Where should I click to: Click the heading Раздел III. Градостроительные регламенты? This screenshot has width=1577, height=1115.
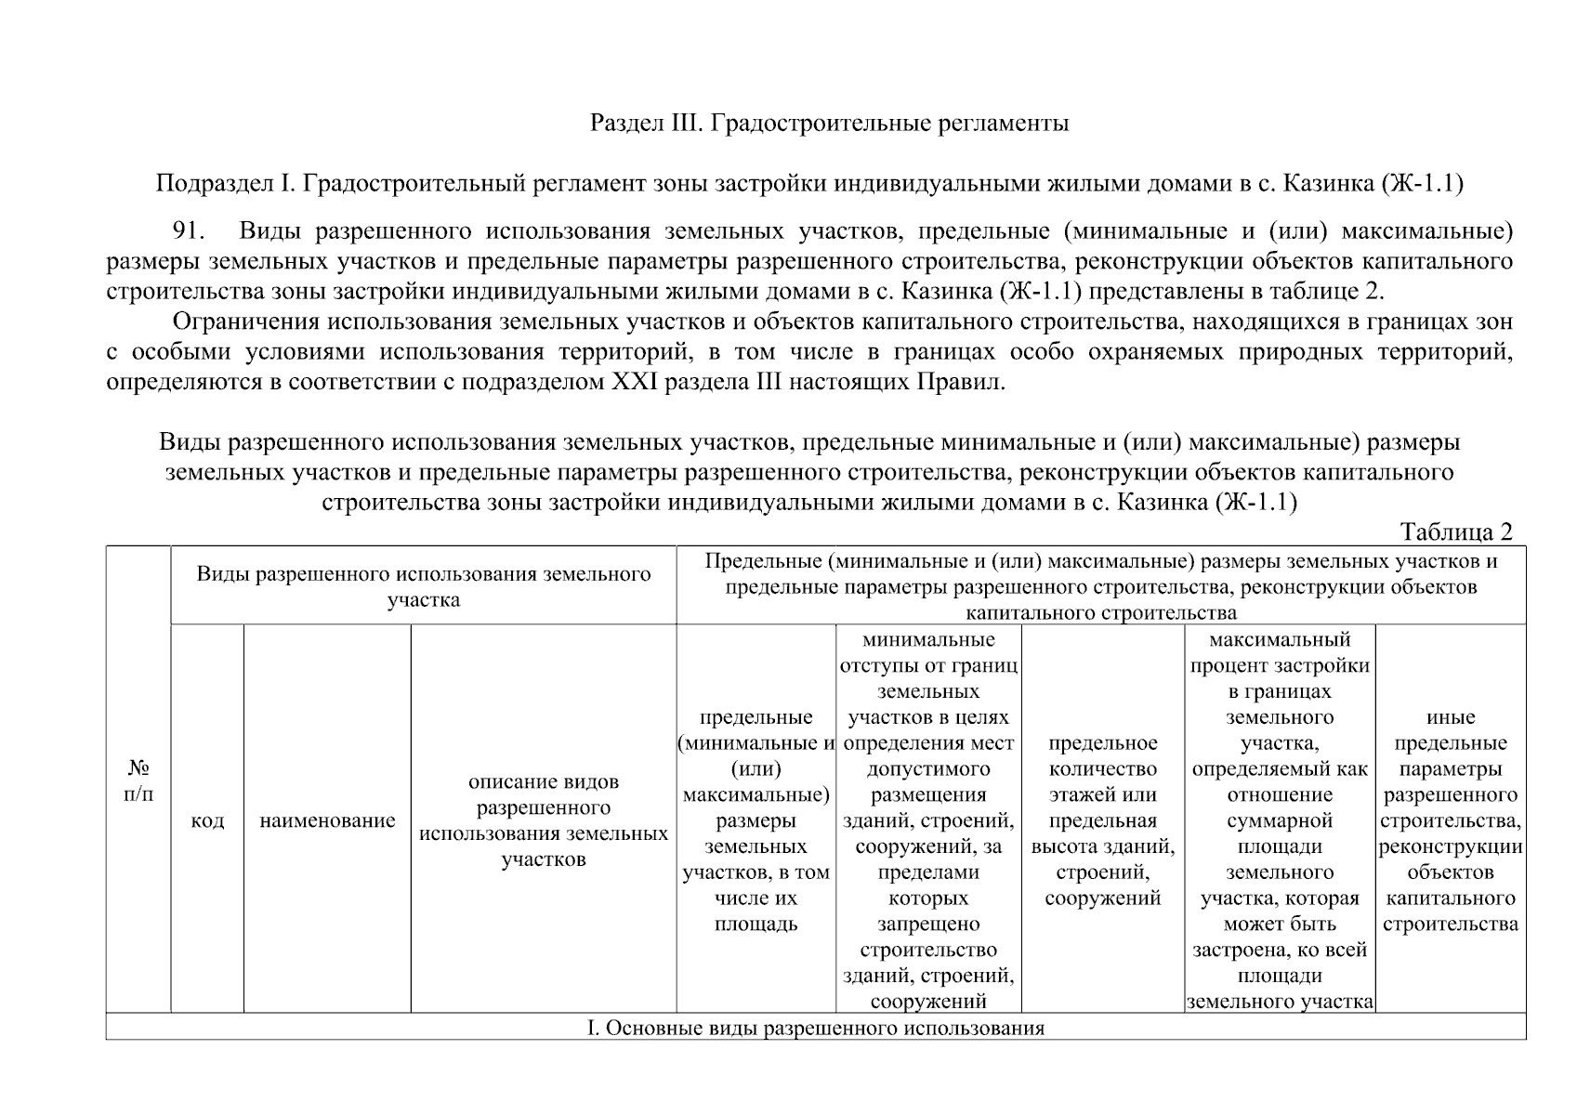tap(829, 124)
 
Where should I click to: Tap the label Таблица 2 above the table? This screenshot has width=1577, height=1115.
tap(1456, 531)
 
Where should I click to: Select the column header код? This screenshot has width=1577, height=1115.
tap(206, 821)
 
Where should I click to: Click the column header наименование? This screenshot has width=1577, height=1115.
tap(327, 821)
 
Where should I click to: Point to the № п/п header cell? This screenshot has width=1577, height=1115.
tap(138, 780)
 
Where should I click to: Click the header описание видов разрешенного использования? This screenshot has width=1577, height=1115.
tap(544, 820)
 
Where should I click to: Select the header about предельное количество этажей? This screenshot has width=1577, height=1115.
tap(1103, 820)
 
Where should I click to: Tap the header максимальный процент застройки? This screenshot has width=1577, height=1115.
tap(1280, 820)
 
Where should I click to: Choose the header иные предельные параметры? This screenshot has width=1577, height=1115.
tap(1451, 820)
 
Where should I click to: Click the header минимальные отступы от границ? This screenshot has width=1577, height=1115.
tap(928, 820)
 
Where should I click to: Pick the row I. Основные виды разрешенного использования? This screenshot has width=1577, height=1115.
tap(815, 1029)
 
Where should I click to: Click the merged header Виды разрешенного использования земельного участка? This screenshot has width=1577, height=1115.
tap(423, 586)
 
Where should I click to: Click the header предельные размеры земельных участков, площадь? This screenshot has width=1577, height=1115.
tap(756, 820)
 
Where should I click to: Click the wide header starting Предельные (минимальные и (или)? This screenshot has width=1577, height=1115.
tap(1100, 586)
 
